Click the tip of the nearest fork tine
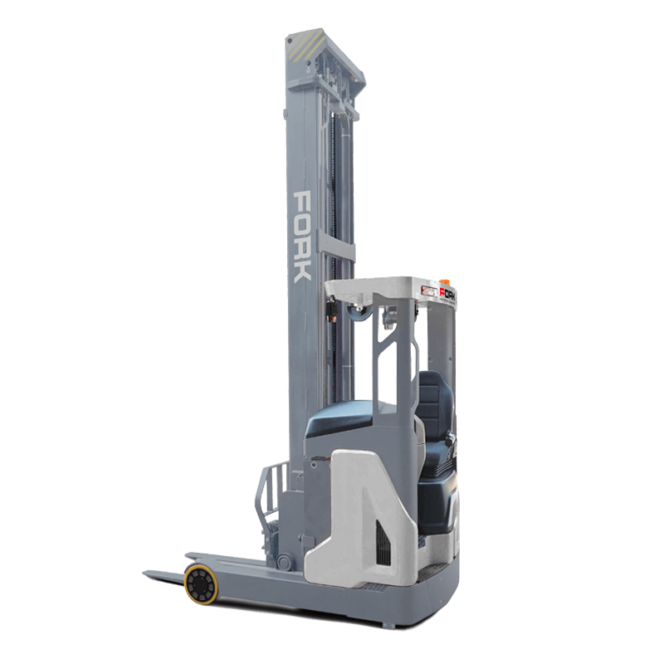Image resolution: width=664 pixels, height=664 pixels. [x=148, y=571]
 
